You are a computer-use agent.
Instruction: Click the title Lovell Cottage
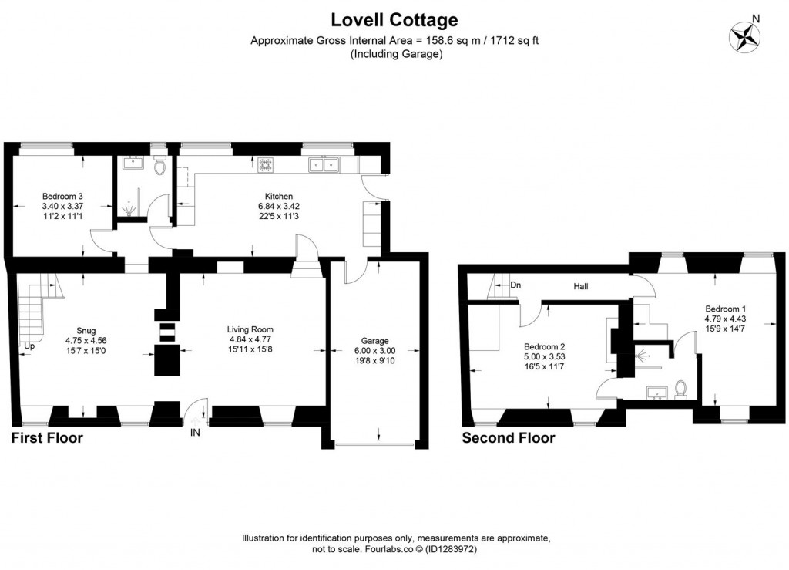pyautogui.click(x=394, y=19)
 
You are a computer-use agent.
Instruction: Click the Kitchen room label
pyautogui.click(x=276, y=197)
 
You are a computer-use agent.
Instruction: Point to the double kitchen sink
pyautogui.click(x=324, y=164)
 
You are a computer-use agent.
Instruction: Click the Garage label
pyautogui.click(x=375, y=341)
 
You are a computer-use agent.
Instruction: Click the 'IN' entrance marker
pyautogui.click(x=195, y=433)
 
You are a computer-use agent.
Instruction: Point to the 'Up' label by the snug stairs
pyautogui.click(x=29, y=346)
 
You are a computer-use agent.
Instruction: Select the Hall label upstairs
pyautogui.click(x=582, y=286)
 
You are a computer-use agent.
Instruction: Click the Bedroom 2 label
pyautogui.click(x=545, y=346)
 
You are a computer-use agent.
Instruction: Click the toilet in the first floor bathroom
pyautogui.click(x=159, y=166)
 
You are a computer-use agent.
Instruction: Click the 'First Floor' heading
pyautogui.click(x=46, y=438)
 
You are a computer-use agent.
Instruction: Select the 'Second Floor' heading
pyautogui.click(x=508, y=438)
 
